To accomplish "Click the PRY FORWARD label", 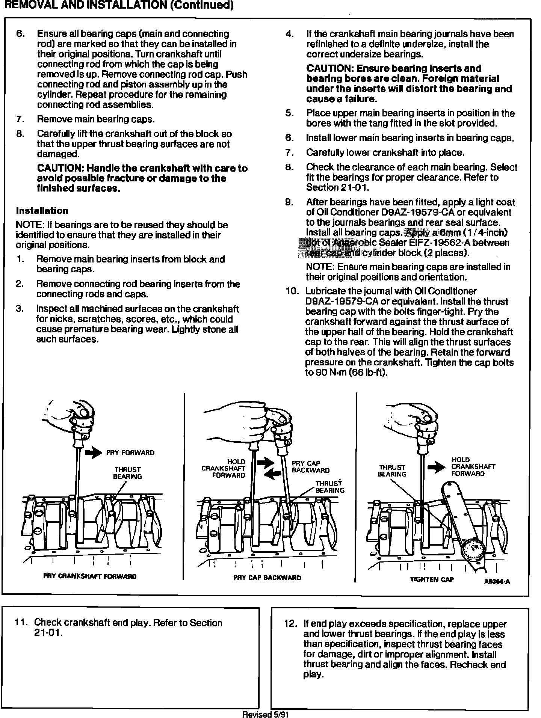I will click(x=130, y=453).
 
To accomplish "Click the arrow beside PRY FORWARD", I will click(x=93, y=453).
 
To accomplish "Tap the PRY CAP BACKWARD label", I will click(x=311, y=466).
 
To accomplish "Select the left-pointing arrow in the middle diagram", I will click(x=273, y=475).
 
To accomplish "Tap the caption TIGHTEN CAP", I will click(x=432, y=579).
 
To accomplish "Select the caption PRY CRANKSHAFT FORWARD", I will click(x=90, y=576).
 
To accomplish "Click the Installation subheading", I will click(x=42, y=211).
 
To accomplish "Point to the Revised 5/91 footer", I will click(x=265, y=714).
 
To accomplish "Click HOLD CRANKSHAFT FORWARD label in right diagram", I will click(x=473, y=466).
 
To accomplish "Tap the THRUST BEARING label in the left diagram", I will click(x=127, y=473).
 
